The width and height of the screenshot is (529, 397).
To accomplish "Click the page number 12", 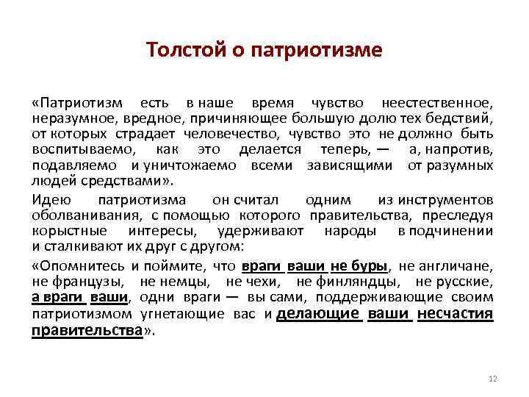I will point(492,378).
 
